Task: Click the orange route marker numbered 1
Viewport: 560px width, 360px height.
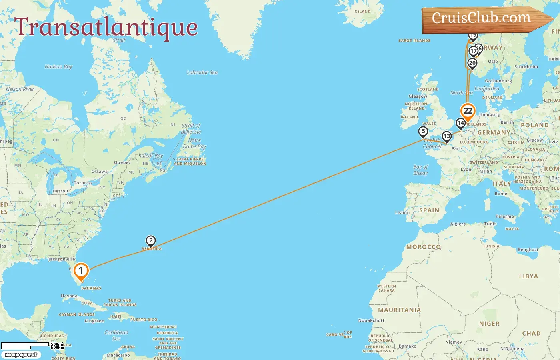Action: pos(81,271)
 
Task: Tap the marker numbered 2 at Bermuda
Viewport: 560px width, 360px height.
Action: pos(150,241)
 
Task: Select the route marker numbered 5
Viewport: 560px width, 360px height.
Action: pos(423,131)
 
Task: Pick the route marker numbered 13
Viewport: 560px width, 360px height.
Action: pos(446,136)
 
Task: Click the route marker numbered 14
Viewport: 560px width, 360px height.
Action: pos(460,123)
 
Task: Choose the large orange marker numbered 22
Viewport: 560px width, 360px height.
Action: pos(468,111)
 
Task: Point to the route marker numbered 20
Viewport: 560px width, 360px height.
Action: pos(472,63)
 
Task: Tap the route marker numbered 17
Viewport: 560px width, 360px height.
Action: pos(474,51)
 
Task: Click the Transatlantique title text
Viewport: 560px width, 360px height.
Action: pos(106,27)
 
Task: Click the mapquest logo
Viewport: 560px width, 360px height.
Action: pos(21,355)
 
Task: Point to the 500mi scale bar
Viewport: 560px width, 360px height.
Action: pos(25,344)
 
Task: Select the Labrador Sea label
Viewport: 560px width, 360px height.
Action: pos(202,72)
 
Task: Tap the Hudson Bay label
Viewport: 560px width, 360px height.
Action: pos(58,66)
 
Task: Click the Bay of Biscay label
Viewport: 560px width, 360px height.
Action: pos(420,170)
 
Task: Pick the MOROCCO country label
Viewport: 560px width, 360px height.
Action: pos(423,247)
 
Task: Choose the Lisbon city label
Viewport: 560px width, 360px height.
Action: pos(402,212)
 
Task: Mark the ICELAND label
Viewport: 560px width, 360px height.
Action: pos(362,11)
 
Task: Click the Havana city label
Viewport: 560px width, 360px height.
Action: pos(69,296)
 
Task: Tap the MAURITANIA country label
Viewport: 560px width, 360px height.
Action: pos(400,310)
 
